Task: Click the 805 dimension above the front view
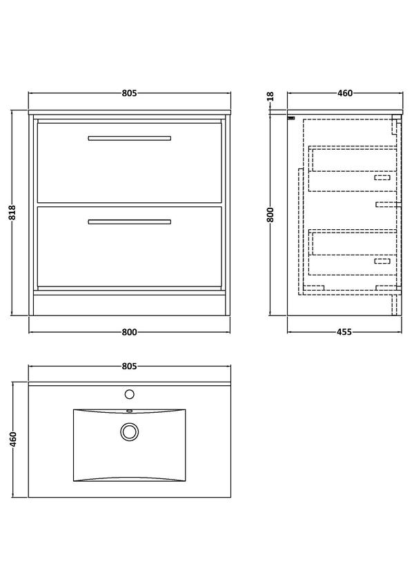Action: [129, 93]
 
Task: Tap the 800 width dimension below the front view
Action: [129, 331]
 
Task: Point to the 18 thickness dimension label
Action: [271, 97]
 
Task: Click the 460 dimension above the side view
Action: [344, 93]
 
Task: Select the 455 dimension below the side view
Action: [344, 331]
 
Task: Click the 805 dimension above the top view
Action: [129, 367]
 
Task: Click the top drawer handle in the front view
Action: [130, 138]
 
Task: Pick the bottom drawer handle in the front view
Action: [130, 222]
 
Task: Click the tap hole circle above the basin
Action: [130, 394]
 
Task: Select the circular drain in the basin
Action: [130, 431]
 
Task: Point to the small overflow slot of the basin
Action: [130, 411]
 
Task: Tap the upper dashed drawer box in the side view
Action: [353, 168]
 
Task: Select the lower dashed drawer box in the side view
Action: [353, 252]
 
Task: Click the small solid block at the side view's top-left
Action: [291, 118]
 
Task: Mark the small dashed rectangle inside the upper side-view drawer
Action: [382, 177]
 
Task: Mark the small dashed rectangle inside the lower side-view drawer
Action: [382, 261]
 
